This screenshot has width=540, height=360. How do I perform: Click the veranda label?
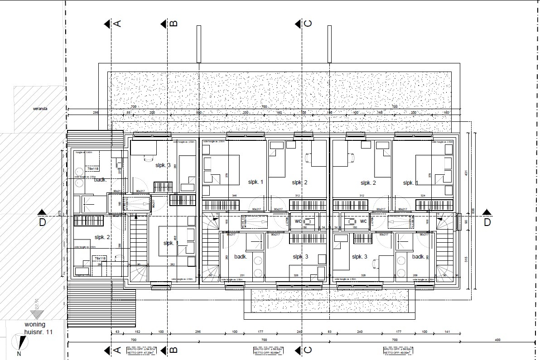point(40,109)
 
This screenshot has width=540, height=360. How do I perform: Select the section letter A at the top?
point(118,24)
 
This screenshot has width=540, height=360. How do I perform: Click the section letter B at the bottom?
point(174,350)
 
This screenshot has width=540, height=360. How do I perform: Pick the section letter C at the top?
point(308,24)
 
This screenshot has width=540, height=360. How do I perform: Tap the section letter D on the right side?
point(487,222)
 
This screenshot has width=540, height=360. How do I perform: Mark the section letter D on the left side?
point(42,222)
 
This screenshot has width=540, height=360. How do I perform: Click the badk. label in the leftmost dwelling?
point(100,180)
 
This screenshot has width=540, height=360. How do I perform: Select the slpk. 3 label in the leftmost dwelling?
point(162,165)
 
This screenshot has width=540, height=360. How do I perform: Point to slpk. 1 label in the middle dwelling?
point(256,182)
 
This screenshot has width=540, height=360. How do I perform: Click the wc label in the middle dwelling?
point(299,221)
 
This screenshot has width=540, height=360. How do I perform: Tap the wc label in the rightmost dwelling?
point(363,221)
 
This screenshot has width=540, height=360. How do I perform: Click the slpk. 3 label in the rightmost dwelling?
point(360,256)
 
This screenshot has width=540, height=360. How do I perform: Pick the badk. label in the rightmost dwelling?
point(418,257)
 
